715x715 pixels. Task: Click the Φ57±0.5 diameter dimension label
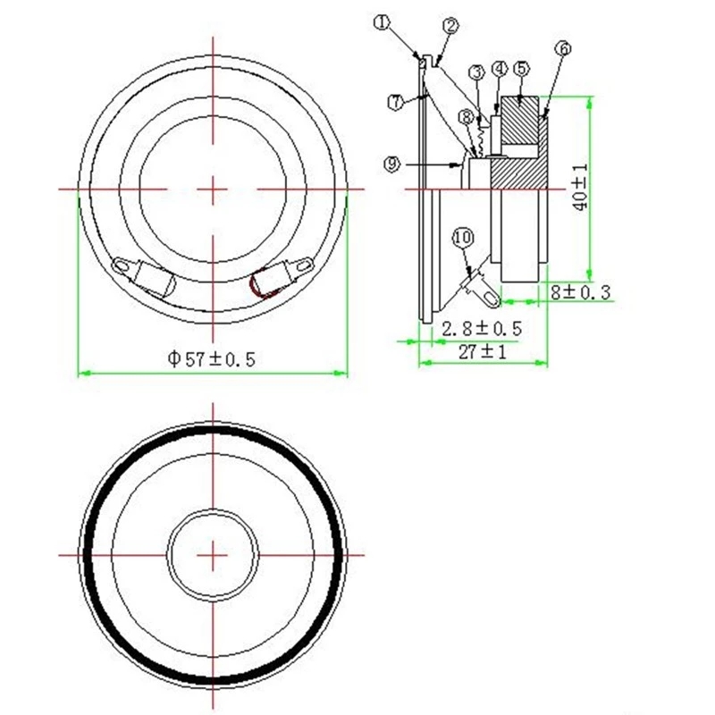(x=212, y=359)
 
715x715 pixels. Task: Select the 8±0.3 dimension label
(x=580, y=292)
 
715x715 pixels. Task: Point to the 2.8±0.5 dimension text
(x=482, y=328)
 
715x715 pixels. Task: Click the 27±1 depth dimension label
(x=483, y=351)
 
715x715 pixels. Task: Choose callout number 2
(x=450, y=26)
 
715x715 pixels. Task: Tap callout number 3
(x=477, y=72)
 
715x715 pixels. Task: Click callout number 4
(x=500, y=69)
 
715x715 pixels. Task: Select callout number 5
(x=521, y=69)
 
